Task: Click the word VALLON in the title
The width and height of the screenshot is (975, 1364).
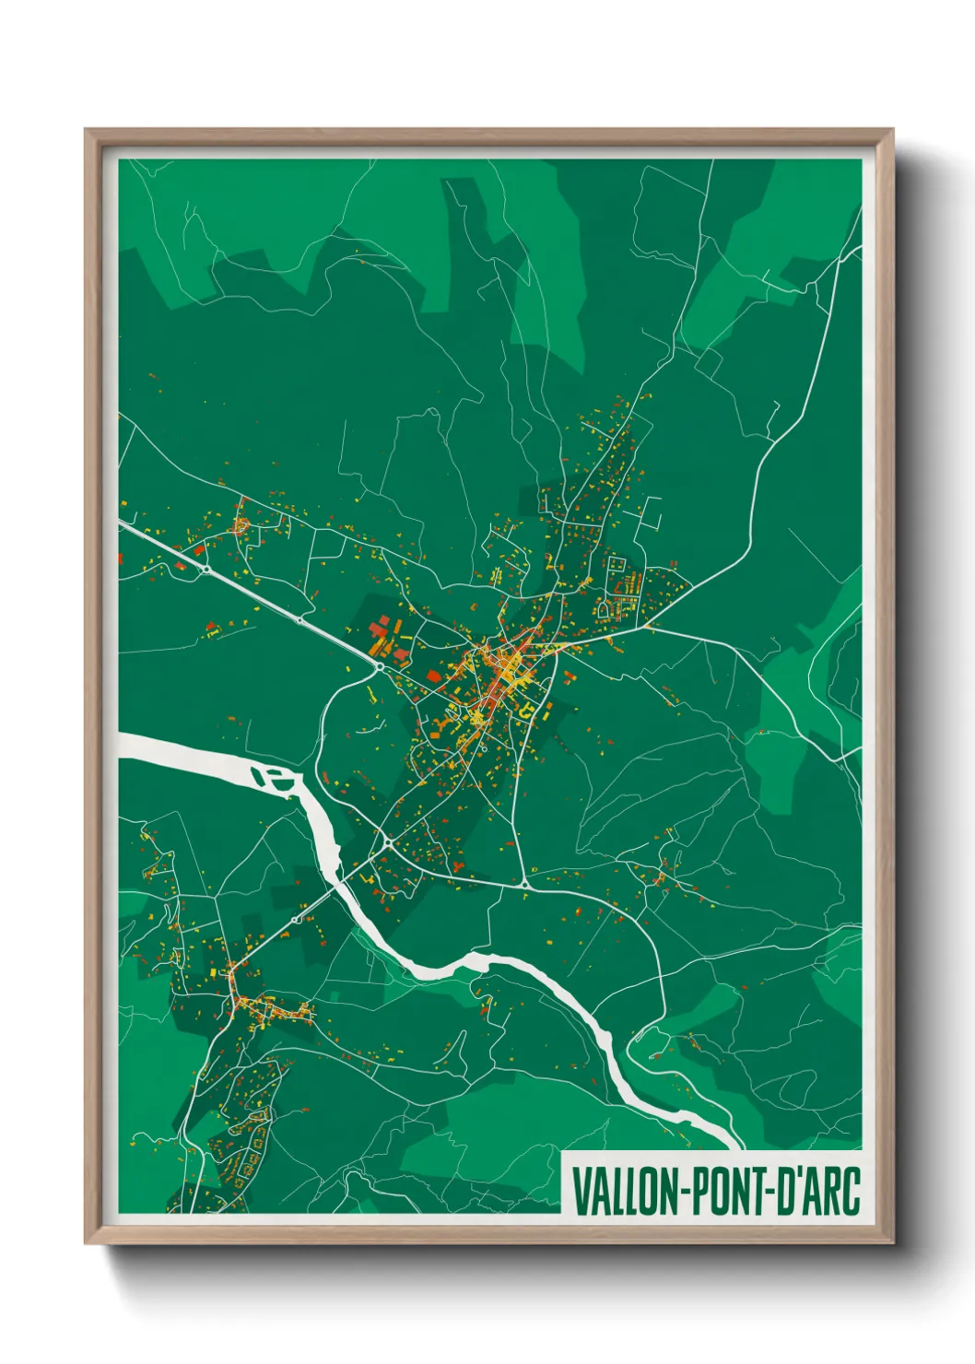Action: pyautogui.click(x=624, y=1191)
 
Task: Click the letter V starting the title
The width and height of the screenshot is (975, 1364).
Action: pyautogui.click(x=580, y=1191)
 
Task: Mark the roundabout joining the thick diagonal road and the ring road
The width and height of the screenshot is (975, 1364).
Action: pyautogui.click(x=379, y=665)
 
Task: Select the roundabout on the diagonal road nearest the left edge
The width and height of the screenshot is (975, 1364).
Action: pyautogui.click(x=206, y=569)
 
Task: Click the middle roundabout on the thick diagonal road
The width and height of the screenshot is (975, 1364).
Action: pyautogui.click(x=300, y=620)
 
